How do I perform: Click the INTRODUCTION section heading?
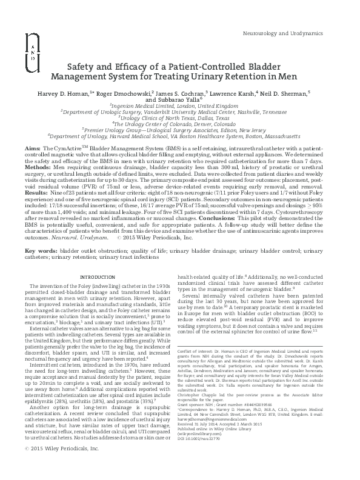coord(97,278)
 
